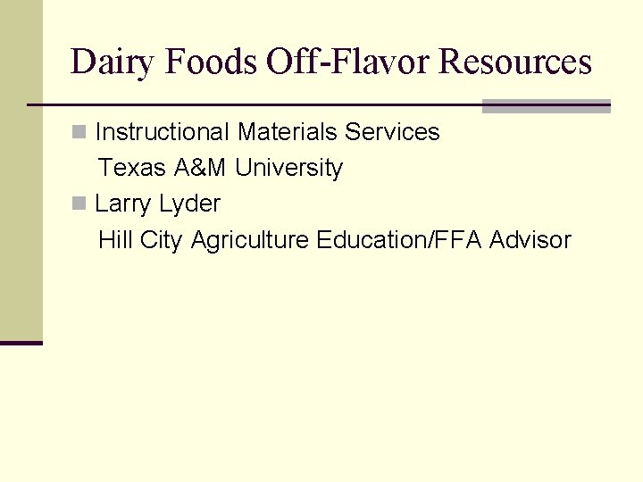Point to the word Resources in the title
(x=515, y=62)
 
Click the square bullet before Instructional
(x=79, y=133)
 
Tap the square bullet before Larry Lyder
(x=79, y=204)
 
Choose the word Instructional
(x=163, y=132)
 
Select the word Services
(x=392, y=132)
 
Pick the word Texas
(x=131, y=168)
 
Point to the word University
(x=288, y=168)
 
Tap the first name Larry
(x=123, y=204)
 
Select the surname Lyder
(x=189, y=204)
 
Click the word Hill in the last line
(x=115, y=239)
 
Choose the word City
(x=161, y=239)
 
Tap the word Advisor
(x=530, y=239)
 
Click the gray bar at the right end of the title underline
(x=546, y=106)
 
